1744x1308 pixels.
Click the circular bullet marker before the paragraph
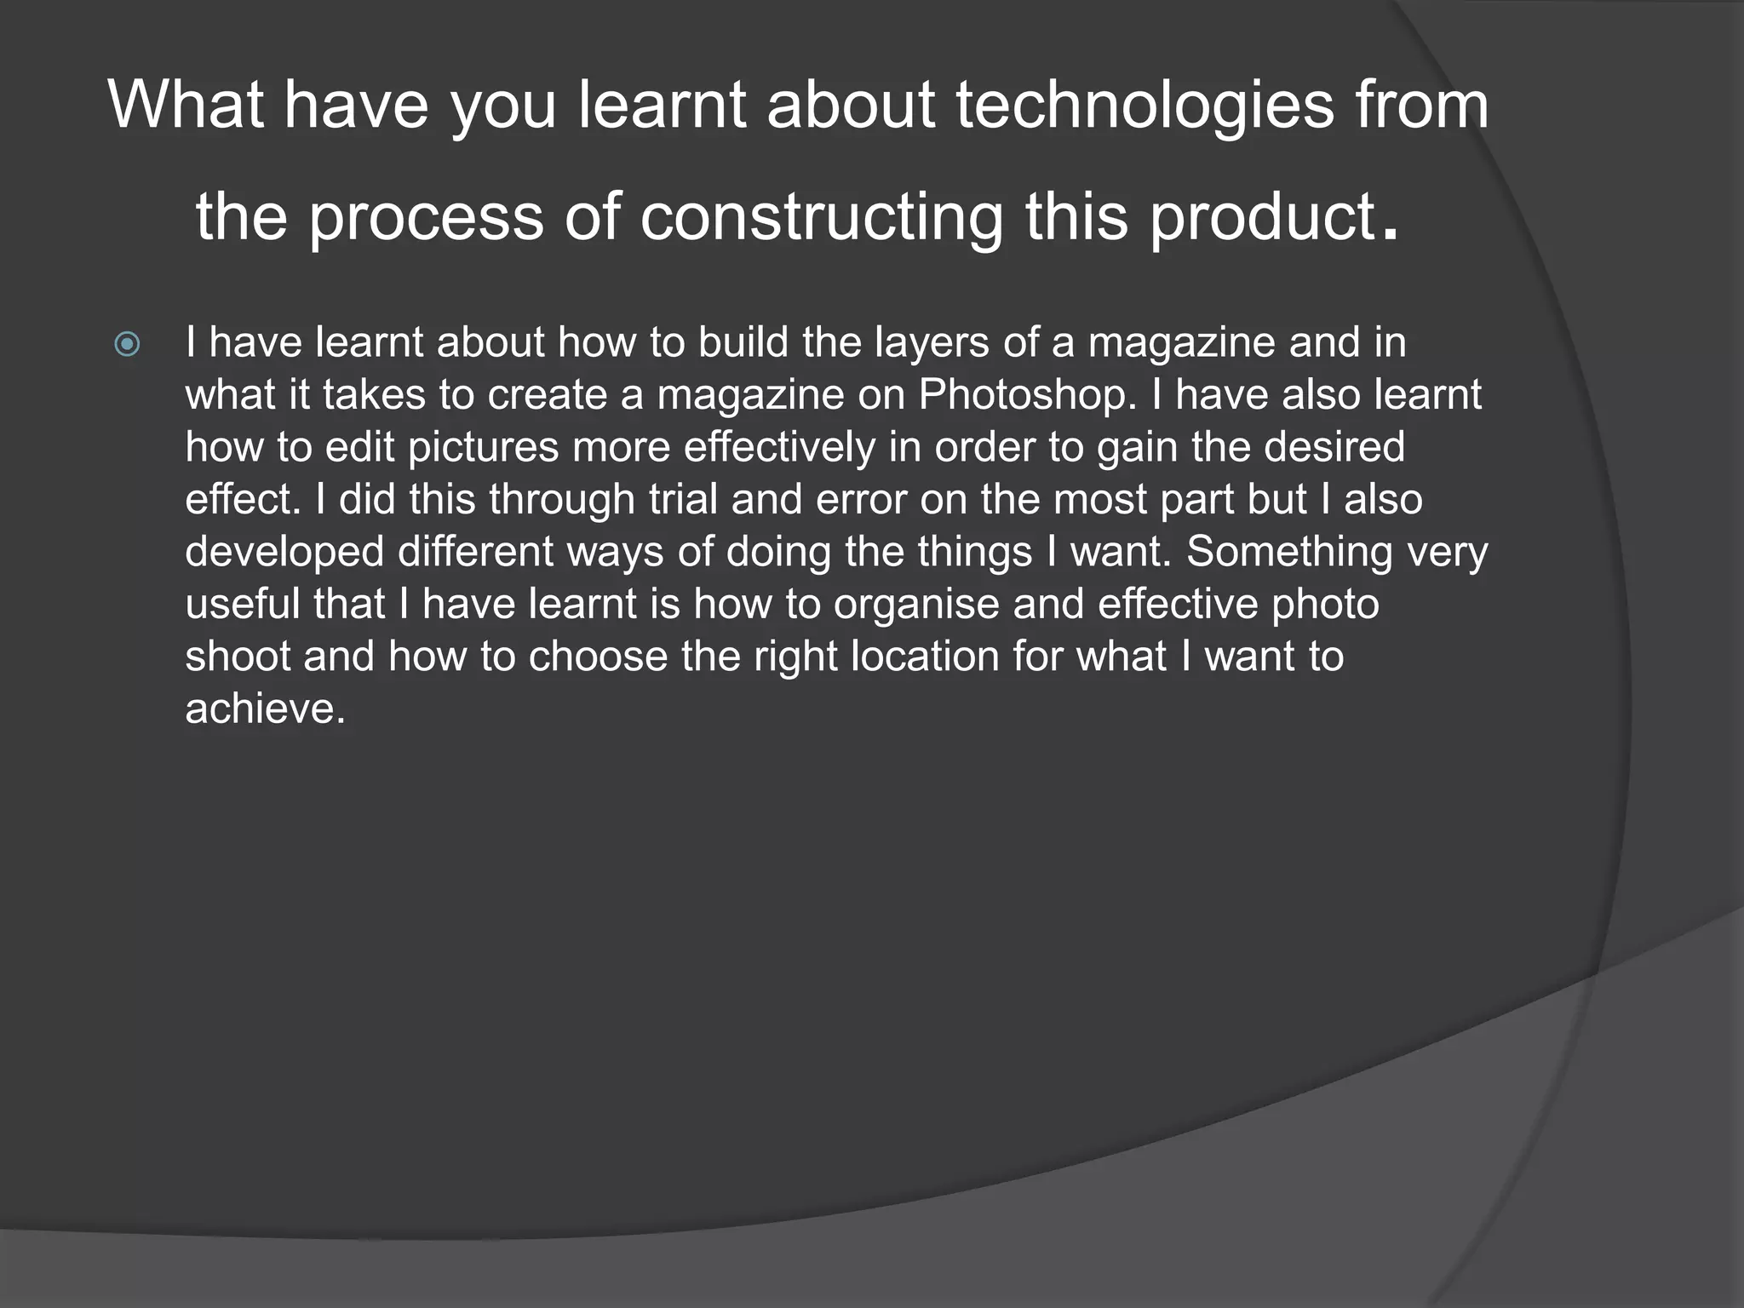[x=127, y=344]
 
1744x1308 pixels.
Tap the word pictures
[x=483, y=447]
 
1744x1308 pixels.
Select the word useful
[x=243, y=604]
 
